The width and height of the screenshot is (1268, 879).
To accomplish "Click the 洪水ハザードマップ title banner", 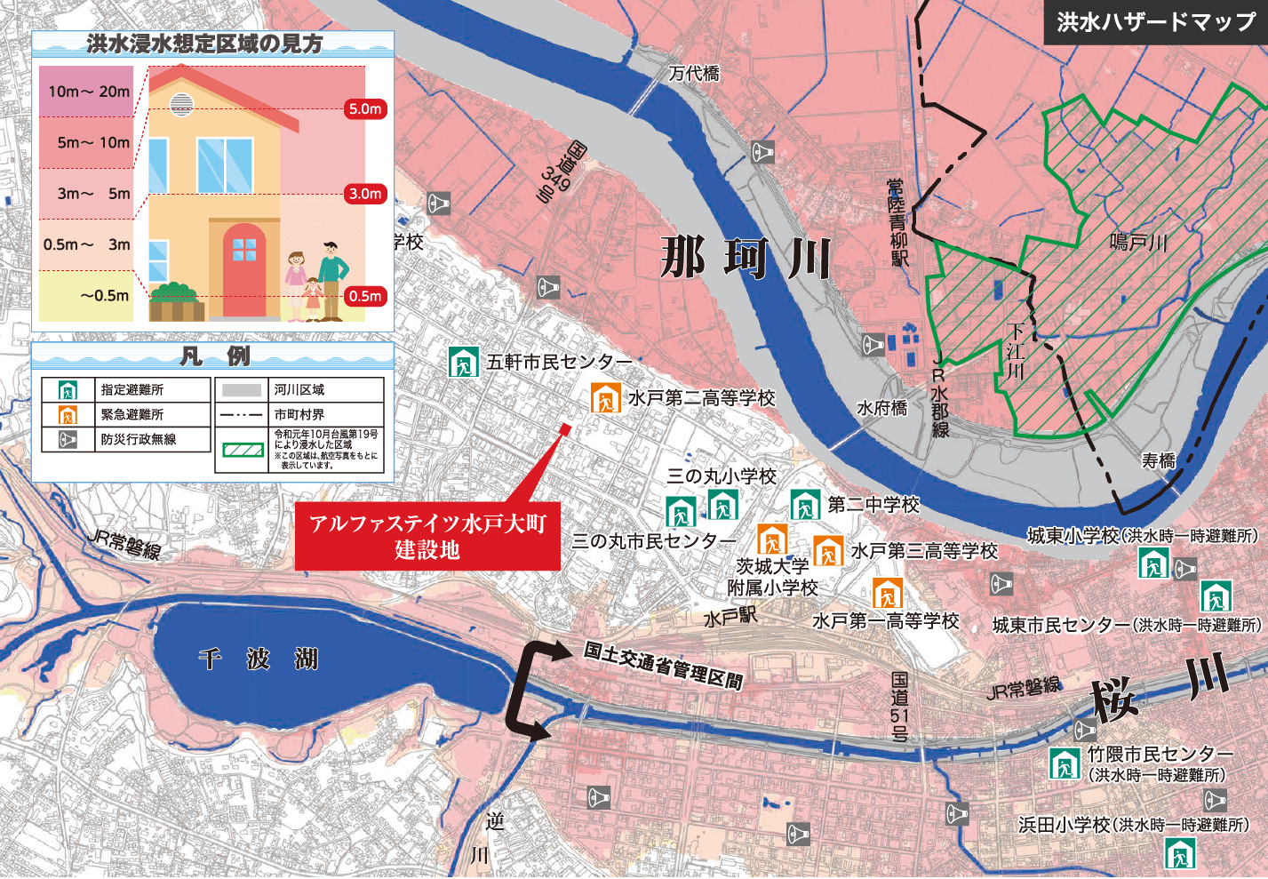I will coord(1155,21).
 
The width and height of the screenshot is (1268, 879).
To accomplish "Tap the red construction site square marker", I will coord(564,430).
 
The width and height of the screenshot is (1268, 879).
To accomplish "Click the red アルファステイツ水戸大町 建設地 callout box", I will coord(427,536).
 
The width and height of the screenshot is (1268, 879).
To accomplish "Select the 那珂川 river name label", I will coord(745,260).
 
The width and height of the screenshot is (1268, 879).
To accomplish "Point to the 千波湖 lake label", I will coord(258,659).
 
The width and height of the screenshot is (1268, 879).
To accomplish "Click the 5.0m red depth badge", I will coord(364,109).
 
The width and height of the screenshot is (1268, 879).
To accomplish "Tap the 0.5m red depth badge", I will coord(364,296).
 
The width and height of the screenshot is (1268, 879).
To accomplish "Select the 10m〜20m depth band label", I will coord(88,92).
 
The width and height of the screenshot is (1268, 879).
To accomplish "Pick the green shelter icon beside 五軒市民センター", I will coord(463,363).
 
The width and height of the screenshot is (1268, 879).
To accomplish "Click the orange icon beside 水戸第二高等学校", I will coord(606,398).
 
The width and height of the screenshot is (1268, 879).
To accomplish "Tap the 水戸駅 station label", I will coord(730,617).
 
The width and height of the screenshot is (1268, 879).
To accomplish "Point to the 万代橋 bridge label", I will coord(694,73).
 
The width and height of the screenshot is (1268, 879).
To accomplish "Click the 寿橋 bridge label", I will coord(1159,460).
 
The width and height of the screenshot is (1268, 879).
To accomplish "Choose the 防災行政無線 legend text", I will coord(138,439).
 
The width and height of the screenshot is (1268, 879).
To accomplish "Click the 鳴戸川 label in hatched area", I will coord(1137,242).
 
